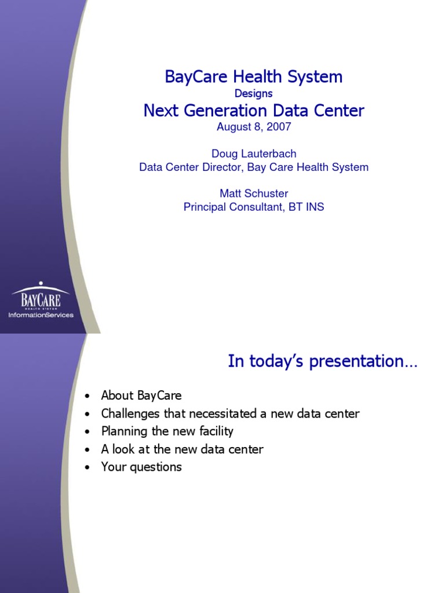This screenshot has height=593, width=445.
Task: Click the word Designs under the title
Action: (254, 93)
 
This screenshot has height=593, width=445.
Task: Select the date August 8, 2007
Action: (254, 126)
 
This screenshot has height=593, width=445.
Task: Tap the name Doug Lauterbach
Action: (254, 153)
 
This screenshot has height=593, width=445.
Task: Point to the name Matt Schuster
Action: (254, 193)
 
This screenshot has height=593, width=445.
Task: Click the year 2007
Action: (279, 126)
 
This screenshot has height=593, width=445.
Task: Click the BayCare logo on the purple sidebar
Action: (41, 295)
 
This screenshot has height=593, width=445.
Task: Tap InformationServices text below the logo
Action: (41, 314)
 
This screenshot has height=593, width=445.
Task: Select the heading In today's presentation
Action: (322, 361)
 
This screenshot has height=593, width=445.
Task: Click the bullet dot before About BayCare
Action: (87, 396)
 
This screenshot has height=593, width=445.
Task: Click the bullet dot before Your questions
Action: (87, 467)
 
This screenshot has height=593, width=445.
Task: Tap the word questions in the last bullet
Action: (155, 467)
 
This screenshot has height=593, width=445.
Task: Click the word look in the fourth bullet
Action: (123, 449)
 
